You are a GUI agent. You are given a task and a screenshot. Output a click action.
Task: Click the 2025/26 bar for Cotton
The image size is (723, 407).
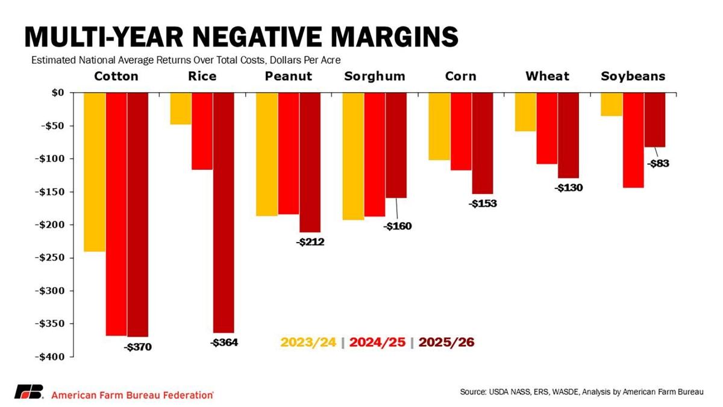click(x=137, y=214)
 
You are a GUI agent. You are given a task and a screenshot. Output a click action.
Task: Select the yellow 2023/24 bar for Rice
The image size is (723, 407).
click(x=181, y=108)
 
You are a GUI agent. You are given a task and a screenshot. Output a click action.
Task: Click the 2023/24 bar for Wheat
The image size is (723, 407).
click(x=525, y=112)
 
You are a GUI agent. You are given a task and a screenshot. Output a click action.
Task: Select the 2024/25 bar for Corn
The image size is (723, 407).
click(x=461, y=131)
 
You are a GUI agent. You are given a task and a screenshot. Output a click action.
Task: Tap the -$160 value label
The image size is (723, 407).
click(x=396, y=226)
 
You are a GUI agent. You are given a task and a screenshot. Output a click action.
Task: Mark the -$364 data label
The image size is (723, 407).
click(x=224, y=343)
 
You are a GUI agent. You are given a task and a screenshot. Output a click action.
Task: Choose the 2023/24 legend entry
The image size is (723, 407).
click(x=308, y=342)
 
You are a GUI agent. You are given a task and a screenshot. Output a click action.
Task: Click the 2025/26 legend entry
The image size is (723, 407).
click(x=446, y=342)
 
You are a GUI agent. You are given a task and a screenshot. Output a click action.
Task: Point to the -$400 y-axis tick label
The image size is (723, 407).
click(x=49, y=356)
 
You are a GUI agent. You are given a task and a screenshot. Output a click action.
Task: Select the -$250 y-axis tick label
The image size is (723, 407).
click(x=49, y=258)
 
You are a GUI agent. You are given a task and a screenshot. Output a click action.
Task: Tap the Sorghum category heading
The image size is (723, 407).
click(x=375, y=76)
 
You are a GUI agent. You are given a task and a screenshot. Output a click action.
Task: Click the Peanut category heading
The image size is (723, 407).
click(x=289, y=76)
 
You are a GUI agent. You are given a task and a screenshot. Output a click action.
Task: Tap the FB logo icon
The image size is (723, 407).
click(x=28, y=392)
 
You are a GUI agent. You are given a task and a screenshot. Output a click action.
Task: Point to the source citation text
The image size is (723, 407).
click(x=581, y=392)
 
